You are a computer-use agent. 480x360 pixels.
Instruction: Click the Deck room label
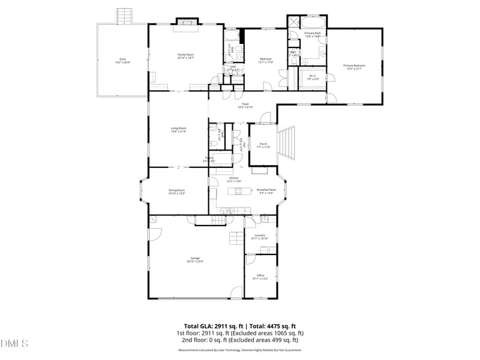122,61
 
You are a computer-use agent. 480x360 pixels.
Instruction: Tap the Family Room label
185,56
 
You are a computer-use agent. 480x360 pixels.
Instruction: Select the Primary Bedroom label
354,67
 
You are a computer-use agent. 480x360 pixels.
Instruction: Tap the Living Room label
178,129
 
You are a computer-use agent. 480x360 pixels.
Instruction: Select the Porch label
263,145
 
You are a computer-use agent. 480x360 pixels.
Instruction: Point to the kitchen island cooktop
238,191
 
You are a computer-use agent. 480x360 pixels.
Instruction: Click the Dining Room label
176,191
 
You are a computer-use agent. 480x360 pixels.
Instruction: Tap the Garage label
195,259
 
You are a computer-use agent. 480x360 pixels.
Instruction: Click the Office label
260,277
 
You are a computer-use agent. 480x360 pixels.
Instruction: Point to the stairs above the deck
124,16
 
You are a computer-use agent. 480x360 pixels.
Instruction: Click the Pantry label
209,160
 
